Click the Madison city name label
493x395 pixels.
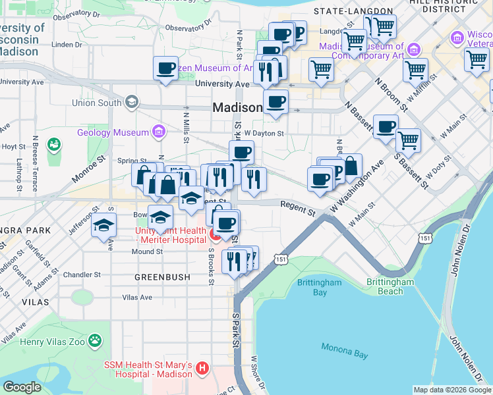coord(237,108)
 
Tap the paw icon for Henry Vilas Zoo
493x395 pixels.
coord(96,340)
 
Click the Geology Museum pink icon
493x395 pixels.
coord(158,132)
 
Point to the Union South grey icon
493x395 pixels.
coord(132,102)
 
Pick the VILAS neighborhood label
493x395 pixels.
coord(35,301)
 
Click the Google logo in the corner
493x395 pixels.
coord(22,386)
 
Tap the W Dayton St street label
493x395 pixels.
coord(263,132)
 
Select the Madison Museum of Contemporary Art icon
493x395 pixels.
coord(414,49)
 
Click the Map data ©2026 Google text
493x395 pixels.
coord(451,389)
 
